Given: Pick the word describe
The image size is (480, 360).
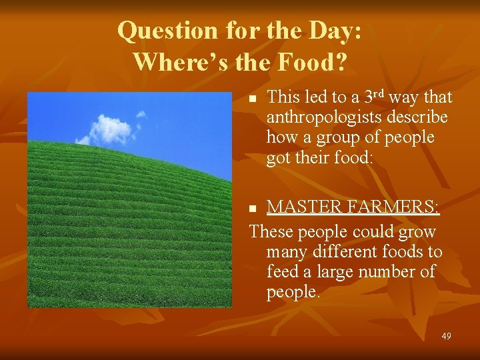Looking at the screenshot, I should coord(419,117).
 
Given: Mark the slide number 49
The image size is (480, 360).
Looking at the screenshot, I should coord(446,336).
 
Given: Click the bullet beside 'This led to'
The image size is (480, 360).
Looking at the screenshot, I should coord(252,99).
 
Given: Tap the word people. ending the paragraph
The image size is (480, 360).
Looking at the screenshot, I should coord(293,292).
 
